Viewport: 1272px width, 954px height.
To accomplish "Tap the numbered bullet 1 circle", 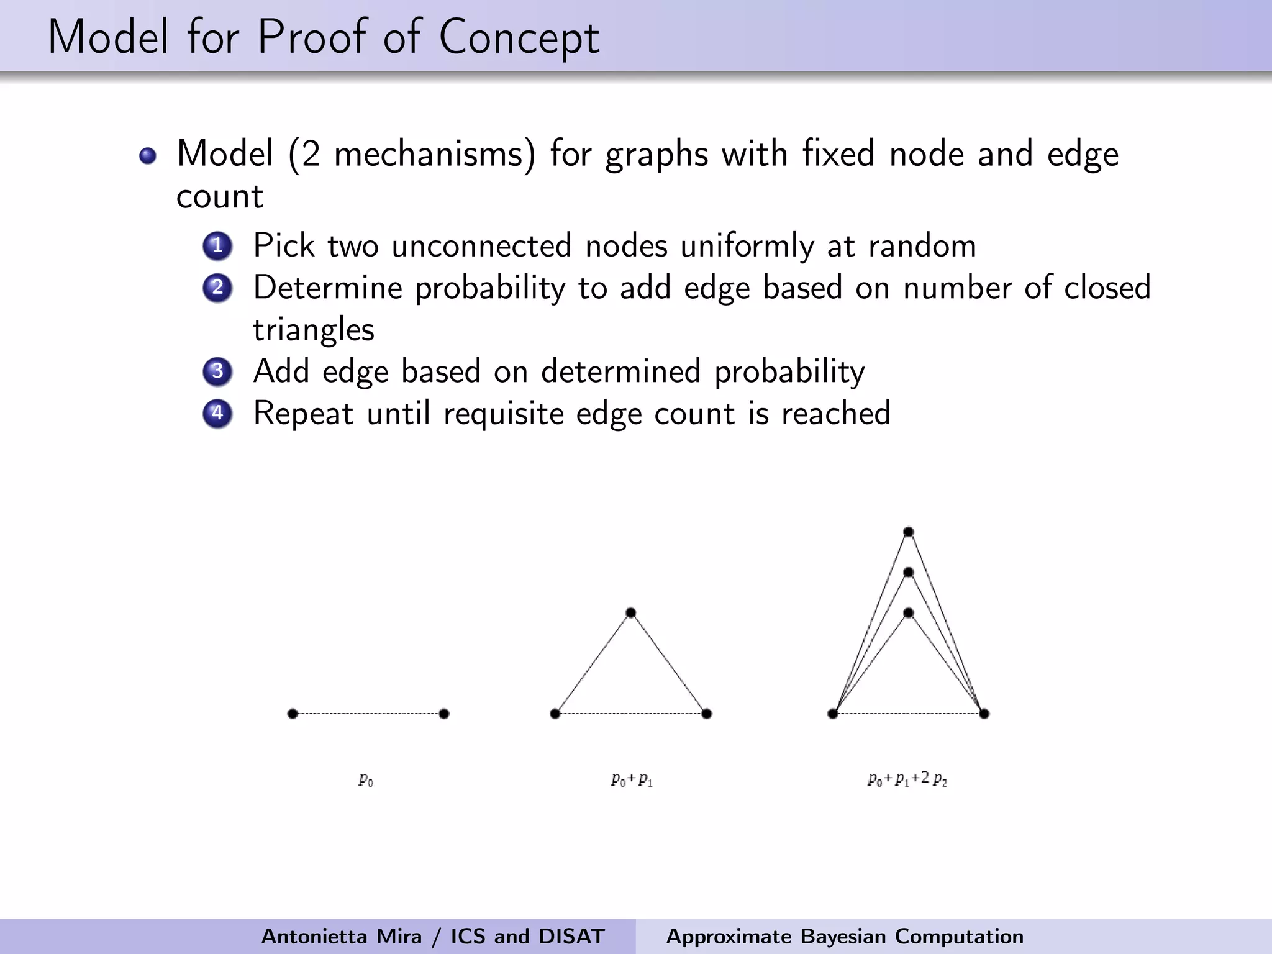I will pyautogui.click(x=217, y=246).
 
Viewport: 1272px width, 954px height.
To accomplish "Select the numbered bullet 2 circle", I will pyautogui.click(x=217, y=288).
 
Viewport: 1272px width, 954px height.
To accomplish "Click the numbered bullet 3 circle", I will pyautogui.click(x=217, y=371).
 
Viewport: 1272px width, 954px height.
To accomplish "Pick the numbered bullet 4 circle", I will pyautogui.click(x=217, y=413).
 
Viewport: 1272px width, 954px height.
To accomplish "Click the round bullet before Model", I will pyautogui.click(x=148, y=155).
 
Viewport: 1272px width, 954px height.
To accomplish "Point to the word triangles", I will pyautogui.click(x=314, y=330).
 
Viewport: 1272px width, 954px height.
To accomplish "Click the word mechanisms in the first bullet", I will pyautogui.click(x=434, y=154).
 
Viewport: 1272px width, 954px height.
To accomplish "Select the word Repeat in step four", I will pyautogui.click(x=303, y=414).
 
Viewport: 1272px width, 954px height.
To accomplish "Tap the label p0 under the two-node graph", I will pyautogui.click(x=366, y=779).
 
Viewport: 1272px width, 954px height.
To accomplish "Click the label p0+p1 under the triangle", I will pyautogui.click(x=632, y=779).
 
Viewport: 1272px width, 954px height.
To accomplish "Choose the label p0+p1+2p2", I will pyautogui.click(x=907, y=779).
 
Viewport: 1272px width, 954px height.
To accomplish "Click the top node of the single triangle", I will pyautogui.click(x=631, y=613).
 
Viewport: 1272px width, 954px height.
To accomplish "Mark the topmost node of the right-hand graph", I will pyautogui.click(x=908, y=532).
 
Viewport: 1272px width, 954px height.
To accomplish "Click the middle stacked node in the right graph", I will pyautogui.click(x=908, y=572).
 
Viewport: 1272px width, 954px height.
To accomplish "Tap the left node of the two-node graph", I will pyautogui.click(x=293, y=714).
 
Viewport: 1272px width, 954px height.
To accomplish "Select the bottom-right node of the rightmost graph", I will pyautogui.click(x=984, y=714).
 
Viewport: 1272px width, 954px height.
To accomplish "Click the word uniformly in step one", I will pyautogui.click(x=747, y=246).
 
